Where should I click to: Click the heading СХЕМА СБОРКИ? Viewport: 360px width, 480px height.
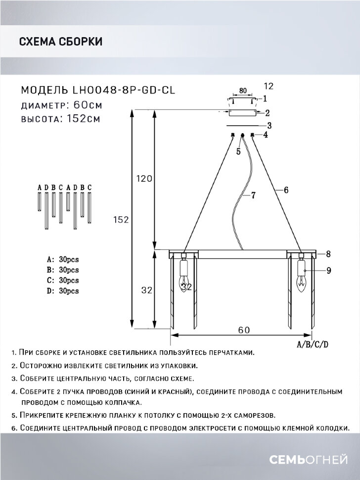pyautogui.click(x=60, y=42)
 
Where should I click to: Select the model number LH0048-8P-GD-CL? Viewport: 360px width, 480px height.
pyautogui.click(x=124, y=90)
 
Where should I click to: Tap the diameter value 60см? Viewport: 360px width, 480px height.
pyautogui.click(x=89, y=105)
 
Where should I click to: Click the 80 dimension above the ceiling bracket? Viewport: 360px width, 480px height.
pyautogui.click(x=243, y=91)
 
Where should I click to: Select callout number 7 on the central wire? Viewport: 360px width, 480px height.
pyautogui.click(x=253, y=195)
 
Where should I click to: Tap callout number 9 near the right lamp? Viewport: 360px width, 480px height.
pyautogui.click(x=328, y=270)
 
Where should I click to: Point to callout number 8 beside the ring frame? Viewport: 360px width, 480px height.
pyautogui.click(x=328, y=254)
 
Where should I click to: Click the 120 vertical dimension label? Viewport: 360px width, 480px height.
pyautogui.click(x=143, y=179)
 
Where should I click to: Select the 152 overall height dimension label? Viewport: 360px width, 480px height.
pyautogui.click(x=120, y=220)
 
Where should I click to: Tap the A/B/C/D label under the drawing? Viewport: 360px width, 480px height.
pyautogui.click(x=313, y=344)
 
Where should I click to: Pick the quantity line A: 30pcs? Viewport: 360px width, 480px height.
pyautogui.click(x=63, y=259)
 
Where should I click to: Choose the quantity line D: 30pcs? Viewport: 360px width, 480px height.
pyautogui.click(x=63, y=291)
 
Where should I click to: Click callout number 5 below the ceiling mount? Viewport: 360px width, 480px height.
pyautogui.click(x=238, y=152)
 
